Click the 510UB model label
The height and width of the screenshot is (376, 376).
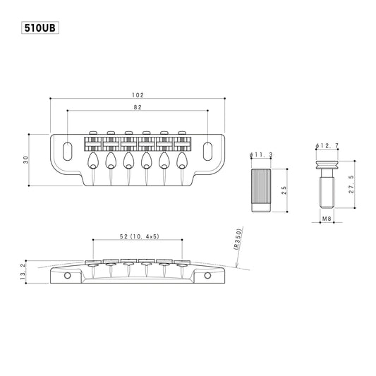click(x=40, y=28)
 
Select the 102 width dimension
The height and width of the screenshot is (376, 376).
click(x=138, y=95)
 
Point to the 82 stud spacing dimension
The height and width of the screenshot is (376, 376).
click(x=138, y=107)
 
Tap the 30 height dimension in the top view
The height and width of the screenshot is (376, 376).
click(x=25, y=159)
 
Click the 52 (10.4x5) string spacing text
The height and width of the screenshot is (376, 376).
click(x=139, y=236)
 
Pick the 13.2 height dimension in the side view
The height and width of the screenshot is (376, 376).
click(x=23, y=272)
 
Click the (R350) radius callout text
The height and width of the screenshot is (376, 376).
click(x=237, y=239)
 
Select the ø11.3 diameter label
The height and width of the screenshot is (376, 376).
click(x=261, y=155)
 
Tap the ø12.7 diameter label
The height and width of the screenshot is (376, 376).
click(x=327, y=145)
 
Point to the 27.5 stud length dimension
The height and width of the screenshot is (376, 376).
click(x=351, y=184)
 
